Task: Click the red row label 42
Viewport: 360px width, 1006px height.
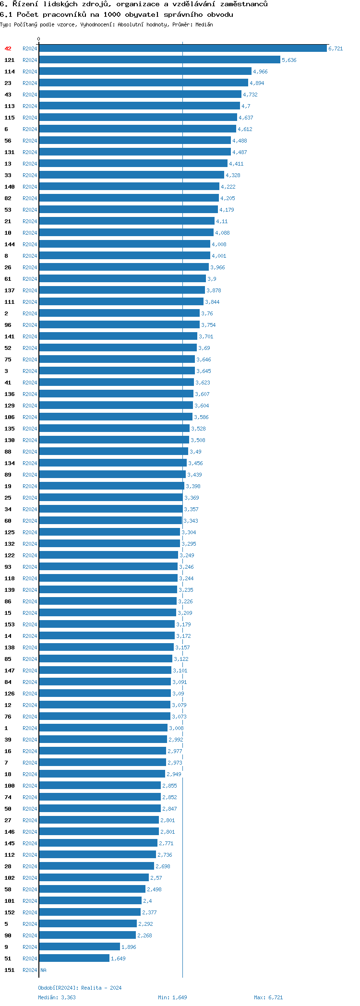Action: (8, 48)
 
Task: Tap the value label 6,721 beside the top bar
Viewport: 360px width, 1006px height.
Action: (336, 48)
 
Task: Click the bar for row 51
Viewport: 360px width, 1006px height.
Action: (74, 958)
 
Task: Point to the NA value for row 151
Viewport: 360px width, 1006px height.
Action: (43, 970)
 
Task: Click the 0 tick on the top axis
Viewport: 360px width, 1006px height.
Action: (39, 39)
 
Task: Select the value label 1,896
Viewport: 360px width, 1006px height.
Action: (129, 947)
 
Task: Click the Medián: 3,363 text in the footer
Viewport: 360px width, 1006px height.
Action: (57, 997)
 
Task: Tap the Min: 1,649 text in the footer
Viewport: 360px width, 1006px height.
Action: (172, 997)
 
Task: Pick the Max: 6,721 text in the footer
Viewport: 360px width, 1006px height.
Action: (268, 997)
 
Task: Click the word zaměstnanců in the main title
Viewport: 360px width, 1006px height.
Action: (244, 4)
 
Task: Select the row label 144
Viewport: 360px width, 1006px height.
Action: (10, 244)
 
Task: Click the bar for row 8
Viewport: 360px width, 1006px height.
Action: (124, 256)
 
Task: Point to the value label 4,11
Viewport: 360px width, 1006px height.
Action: (222, 221)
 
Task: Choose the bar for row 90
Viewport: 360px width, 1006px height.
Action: (87, 935)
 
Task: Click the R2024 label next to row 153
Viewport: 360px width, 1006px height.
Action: (30, 624)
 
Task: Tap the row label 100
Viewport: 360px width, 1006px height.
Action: (10, 786)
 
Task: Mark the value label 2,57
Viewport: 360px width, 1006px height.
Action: (156, 878)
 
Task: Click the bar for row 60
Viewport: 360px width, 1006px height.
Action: (110, 521)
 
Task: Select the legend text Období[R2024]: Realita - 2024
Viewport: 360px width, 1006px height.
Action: (80, 988)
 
